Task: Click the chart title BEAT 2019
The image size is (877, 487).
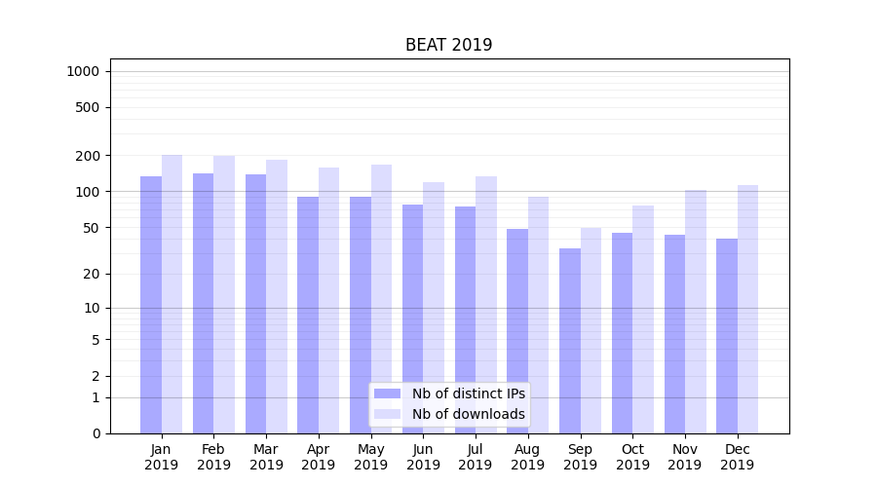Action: click(448, 45)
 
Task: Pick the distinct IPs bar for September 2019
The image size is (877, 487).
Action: click(570, 341)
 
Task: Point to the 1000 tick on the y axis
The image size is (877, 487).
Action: click(83, 71)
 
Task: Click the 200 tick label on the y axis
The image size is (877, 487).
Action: click(87, 156)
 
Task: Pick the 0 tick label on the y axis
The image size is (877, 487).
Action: click(95, 433)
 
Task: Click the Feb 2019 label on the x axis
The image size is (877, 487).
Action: click(213, 457)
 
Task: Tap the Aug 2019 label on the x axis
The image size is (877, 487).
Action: click(527, 457)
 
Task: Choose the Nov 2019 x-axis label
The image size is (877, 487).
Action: click(684, 457)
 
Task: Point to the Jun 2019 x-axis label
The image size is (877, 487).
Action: click(423, 457)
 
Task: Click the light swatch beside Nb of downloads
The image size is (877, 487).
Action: click(388, 414)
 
